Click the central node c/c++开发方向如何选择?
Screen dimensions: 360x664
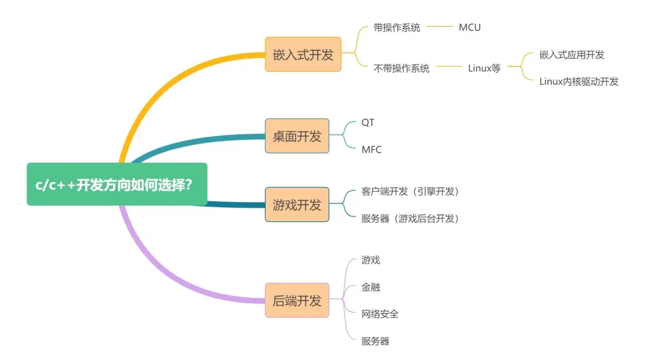(117, 184)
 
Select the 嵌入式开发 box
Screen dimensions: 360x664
(303, 54)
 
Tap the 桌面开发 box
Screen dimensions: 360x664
(297, 136)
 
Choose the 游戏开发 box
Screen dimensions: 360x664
(297, 205)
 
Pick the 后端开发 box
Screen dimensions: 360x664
(297, 300)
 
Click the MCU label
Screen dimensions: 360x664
(470, 27)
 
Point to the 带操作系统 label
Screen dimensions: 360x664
(397, 27)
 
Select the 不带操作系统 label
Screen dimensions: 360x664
(402, 68)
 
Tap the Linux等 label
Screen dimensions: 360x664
(484, 68)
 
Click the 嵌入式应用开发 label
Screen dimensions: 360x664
(572, 55)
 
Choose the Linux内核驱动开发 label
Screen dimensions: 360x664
(579, 81)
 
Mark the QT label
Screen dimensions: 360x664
(368, 123)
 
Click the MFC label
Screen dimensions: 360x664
(372, 149)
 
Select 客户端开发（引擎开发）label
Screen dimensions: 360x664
(410, 191)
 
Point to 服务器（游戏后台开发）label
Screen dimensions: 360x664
(410, 218)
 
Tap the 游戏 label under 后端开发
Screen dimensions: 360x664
(370, 260)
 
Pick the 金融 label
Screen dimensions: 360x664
(370, 287)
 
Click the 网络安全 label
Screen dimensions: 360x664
(380, 314)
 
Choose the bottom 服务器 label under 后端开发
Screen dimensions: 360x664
(375, 341)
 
